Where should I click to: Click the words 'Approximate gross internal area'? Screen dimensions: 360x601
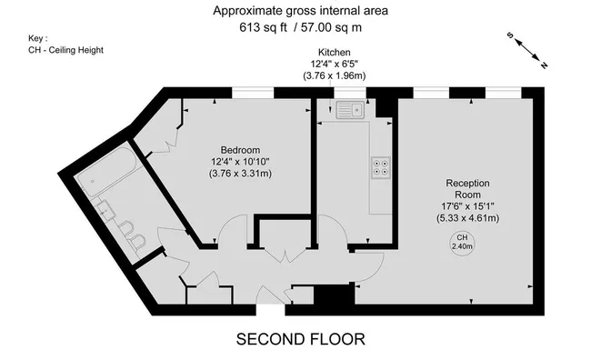pos(300,11)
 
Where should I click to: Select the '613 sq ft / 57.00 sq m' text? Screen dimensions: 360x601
pos(300,27)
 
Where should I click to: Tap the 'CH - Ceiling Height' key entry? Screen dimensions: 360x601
pos(65,51)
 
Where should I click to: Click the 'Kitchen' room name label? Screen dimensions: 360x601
pos(335,53)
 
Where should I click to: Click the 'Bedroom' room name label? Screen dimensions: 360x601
pos(240,150)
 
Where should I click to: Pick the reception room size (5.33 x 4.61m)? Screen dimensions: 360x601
pos(467,218)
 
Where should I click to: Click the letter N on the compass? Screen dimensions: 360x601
pos(544,65)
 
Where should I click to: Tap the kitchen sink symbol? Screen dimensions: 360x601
pos(349,111)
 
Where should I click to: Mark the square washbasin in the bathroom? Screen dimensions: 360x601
pos(107,210)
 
